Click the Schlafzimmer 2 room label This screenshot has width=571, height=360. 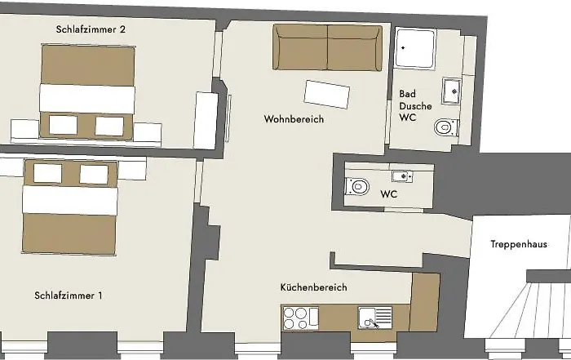[91, 29]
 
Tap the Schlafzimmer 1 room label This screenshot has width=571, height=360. [68, 296]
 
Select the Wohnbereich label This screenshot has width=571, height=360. [294, 119]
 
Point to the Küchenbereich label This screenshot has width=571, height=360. [313, 287]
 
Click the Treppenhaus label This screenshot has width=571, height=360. [519, 244]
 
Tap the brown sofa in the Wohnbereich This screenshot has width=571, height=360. [328, 47]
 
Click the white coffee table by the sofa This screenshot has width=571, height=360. [327, 95]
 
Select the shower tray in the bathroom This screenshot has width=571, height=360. [415, 48]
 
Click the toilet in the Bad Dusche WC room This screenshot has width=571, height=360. [446, 127]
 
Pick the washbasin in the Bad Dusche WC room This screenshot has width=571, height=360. [452, 91]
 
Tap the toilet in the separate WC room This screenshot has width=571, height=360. [357, 187]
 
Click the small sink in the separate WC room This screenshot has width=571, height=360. [402, 176]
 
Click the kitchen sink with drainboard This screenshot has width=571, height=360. [375, 318]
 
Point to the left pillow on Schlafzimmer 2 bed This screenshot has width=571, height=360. [63, 125]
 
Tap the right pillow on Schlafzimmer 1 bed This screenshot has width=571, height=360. [94, 174]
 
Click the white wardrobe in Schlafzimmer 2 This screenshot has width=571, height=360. [206, 120]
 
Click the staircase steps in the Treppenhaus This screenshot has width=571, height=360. [530, 313]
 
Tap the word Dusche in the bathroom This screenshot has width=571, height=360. [415, 106]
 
